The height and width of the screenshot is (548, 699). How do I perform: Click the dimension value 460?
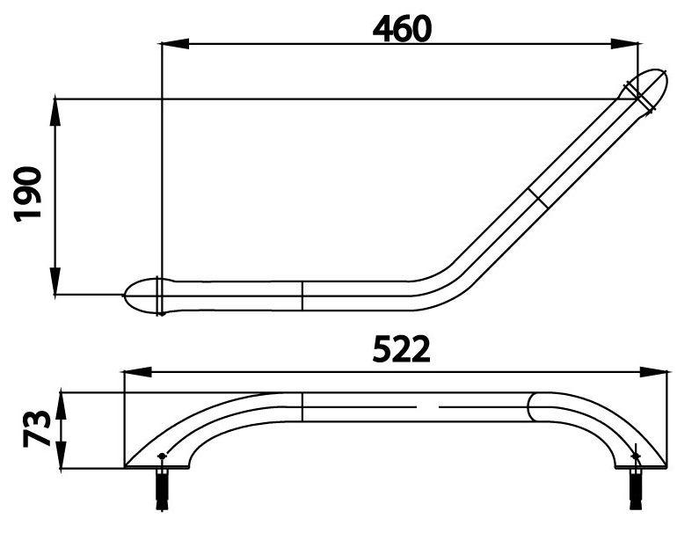tap(402, 28)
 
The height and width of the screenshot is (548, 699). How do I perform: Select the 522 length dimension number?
tap(401, 350)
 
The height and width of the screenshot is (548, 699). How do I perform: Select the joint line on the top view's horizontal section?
tap(302, 296)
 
